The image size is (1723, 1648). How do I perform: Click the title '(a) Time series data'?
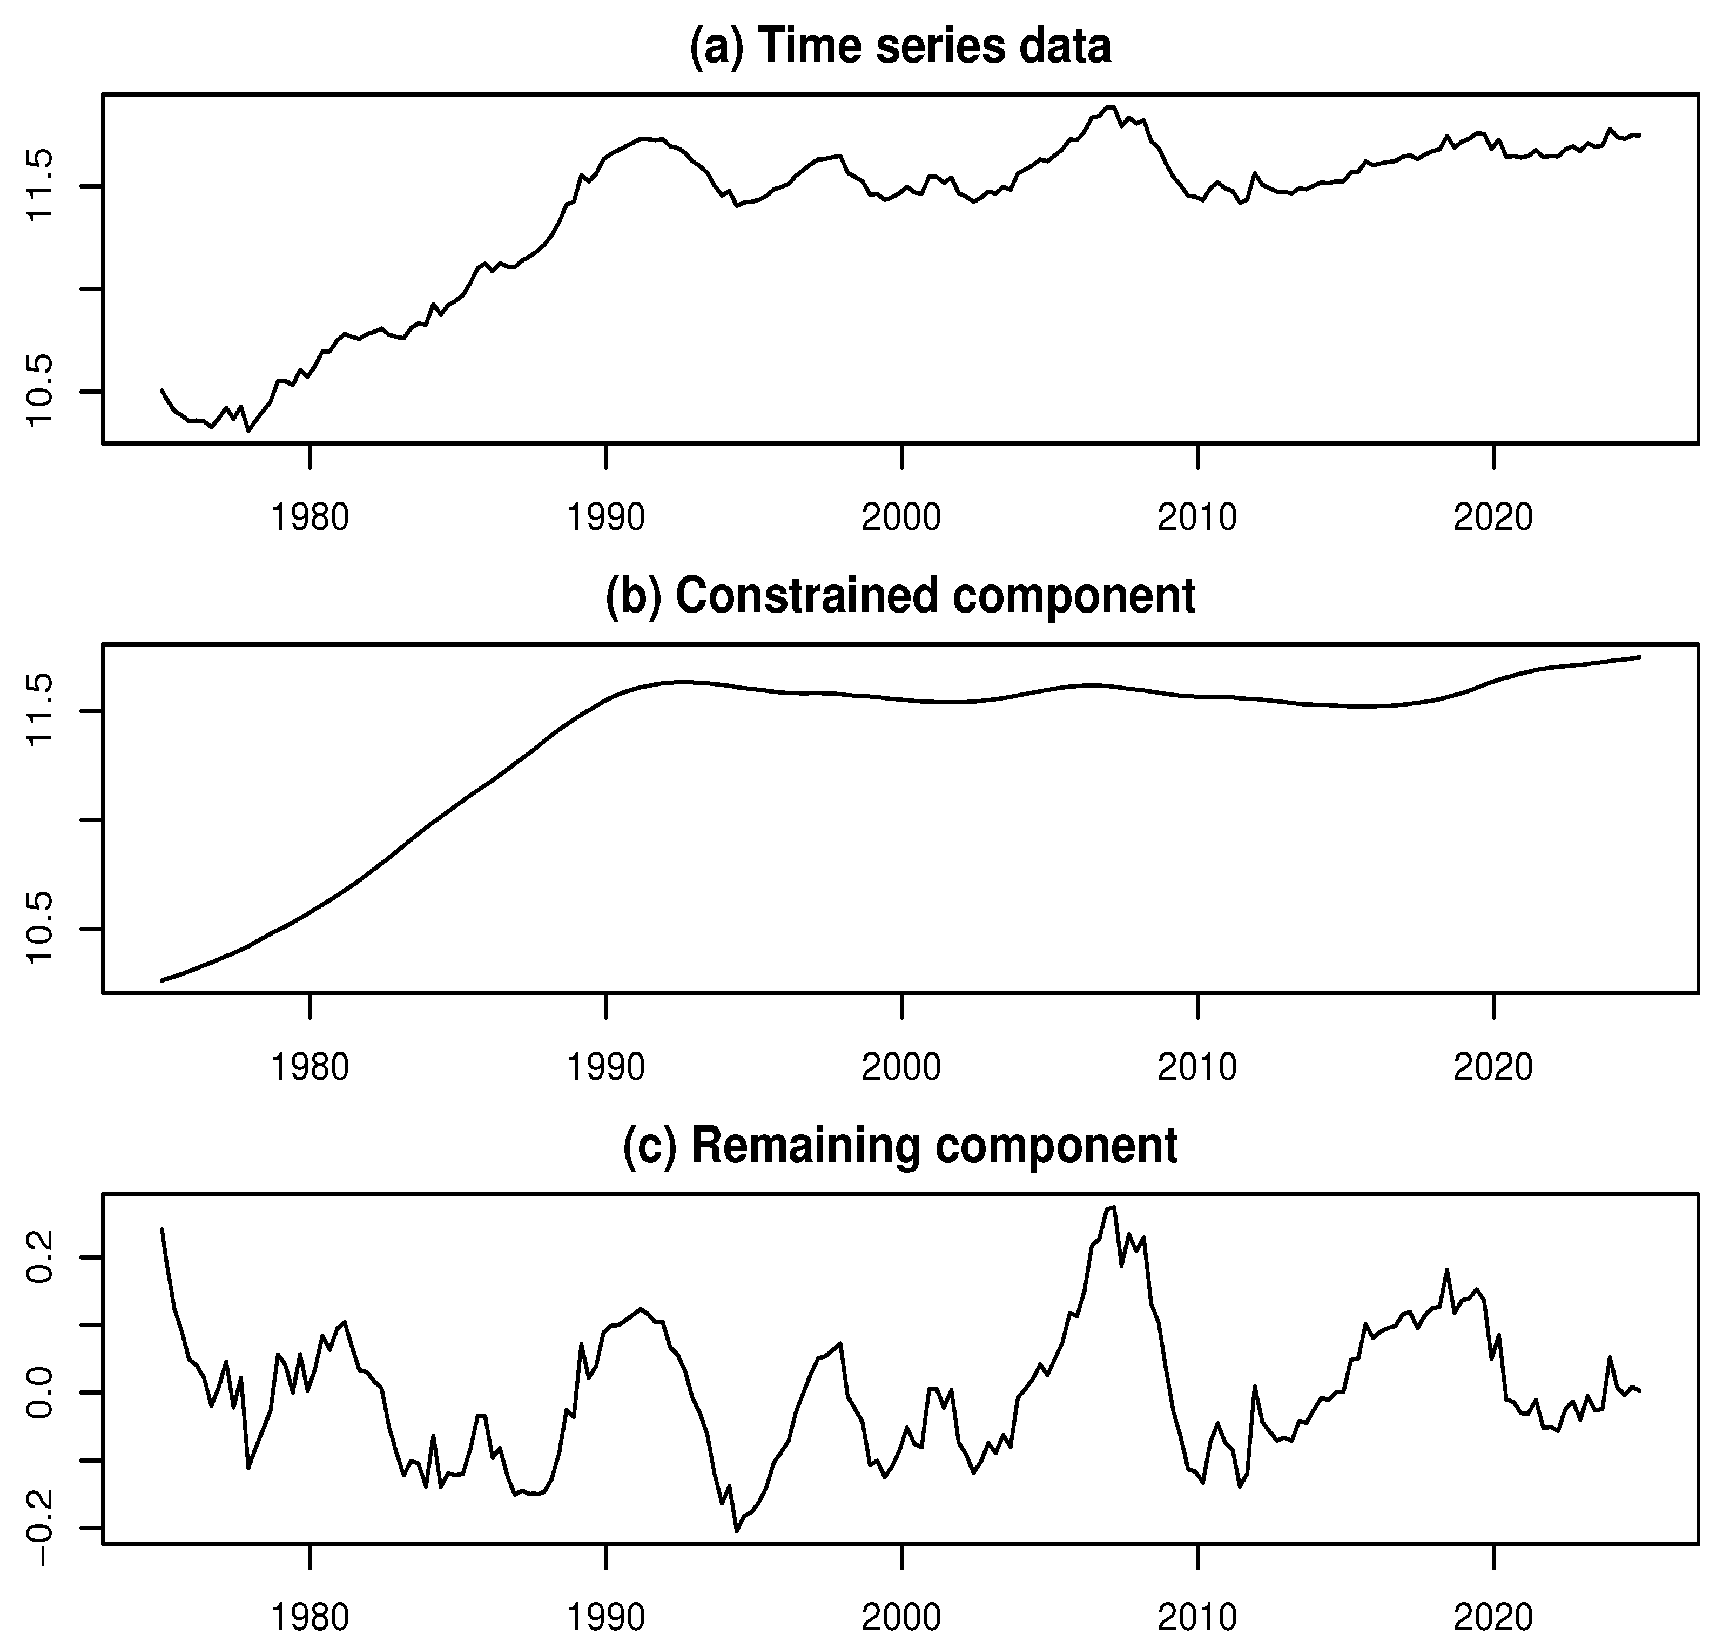click(x=900, y=46)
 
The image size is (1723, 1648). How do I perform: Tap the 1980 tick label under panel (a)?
click(x=309, y=517)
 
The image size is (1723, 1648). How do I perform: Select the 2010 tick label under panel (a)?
click(x=1197, y=517)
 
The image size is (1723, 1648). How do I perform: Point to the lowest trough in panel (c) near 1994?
click(x=736, y=1531)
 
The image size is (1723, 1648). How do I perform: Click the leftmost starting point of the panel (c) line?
click(x=161, y=1229)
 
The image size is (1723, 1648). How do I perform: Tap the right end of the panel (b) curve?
click(x=1639, y=657)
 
